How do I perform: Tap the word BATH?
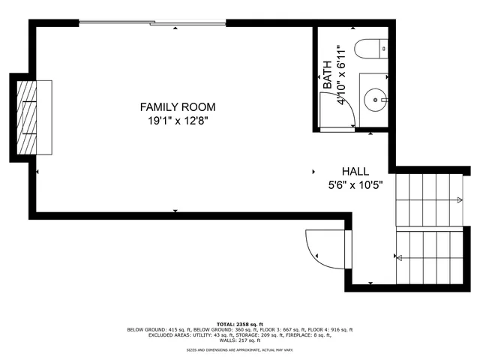tap(328, 76)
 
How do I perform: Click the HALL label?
tap(355, 172)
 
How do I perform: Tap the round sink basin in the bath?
tap(376, 98)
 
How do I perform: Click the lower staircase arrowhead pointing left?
tap(399, 259)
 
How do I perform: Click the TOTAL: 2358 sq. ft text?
tap(239, 324)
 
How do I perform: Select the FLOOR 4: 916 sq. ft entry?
tap(328, 330)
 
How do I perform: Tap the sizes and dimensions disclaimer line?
tap(239, 350)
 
